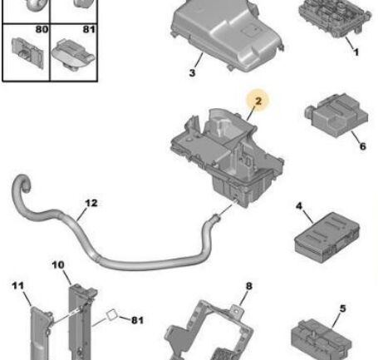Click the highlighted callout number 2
[258, 101]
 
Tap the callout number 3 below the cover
[192, 73]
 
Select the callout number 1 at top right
[356, 52]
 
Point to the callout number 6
[363, 146]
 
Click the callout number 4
[299, 206]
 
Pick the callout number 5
[343, 308]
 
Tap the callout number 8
[249, 286]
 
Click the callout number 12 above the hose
[91, 203]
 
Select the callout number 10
[58, 265]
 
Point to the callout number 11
[18, 285]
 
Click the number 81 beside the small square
[137, 320]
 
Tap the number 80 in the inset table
[42, 29]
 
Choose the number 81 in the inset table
[89, 29]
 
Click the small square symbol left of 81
[112, 315]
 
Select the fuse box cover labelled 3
[227, 35]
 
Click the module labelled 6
[336, 115]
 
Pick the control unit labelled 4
[327, 237]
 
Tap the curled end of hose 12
[22, 184]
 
